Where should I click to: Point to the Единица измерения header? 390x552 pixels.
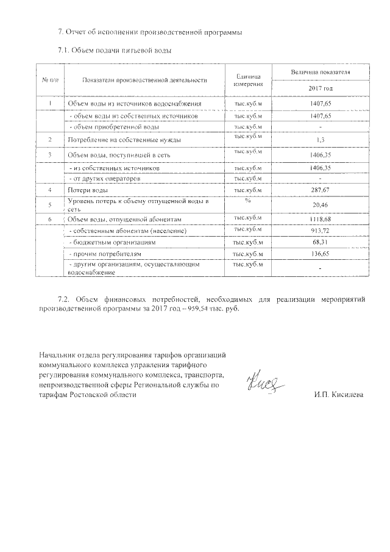coord(247,80)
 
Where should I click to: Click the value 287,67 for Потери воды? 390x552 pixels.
coord(320,190)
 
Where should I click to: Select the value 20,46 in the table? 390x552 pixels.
coord(320,205)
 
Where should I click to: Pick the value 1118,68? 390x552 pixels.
coord(320,218)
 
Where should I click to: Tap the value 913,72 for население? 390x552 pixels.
coord(320,231)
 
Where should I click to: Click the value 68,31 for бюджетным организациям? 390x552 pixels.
coord(320,242)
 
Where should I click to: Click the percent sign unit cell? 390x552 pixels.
coord(247,200)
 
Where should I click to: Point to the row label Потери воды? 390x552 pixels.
coord(88,191)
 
